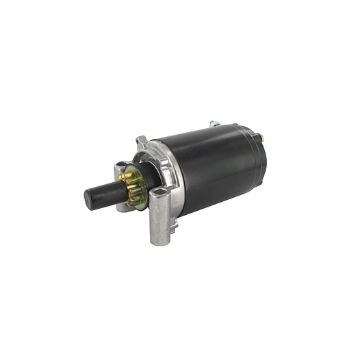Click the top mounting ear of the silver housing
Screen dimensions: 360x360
pyautogui.click(x=142, y=140)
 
